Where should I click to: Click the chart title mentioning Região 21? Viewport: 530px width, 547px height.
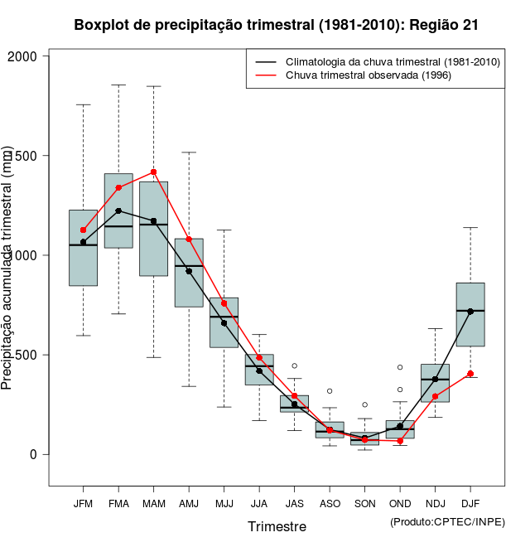(x=276, y=25)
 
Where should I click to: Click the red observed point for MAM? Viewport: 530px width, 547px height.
(x=153, y=172)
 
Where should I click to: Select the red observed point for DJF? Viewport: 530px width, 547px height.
(x=470, y=374)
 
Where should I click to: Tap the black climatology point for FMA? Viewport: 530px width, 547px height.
(x=118, y=211)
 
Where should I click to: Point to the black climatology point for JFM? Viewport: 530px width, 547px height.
(x=83, y=242)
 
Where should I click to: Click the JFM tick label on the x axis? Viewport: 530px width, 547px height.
(x=83, y=503)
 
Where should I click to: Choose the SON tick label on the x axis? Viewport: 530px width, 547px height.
(x=364, y=503)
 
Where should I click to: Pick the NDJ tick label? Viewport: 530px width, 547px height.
(x=435, y=503)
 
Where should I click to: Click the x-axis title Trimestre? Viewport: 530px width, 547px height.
(x=277, y=526)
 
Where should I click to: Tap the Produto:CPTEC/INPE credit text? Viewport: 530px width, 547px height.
(x=447, y=521)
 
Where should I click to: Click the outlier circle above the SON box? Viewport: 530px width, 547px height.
(x=364, y=404)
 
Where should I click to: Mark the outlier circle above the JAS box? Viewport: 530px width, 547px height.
(x=294, y=365)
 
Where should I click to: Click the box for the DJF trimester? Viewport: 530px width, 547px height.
(x=470, y=315)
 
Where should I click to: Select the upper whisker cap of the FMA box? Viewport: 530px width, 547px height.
(x=118, y=85)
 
